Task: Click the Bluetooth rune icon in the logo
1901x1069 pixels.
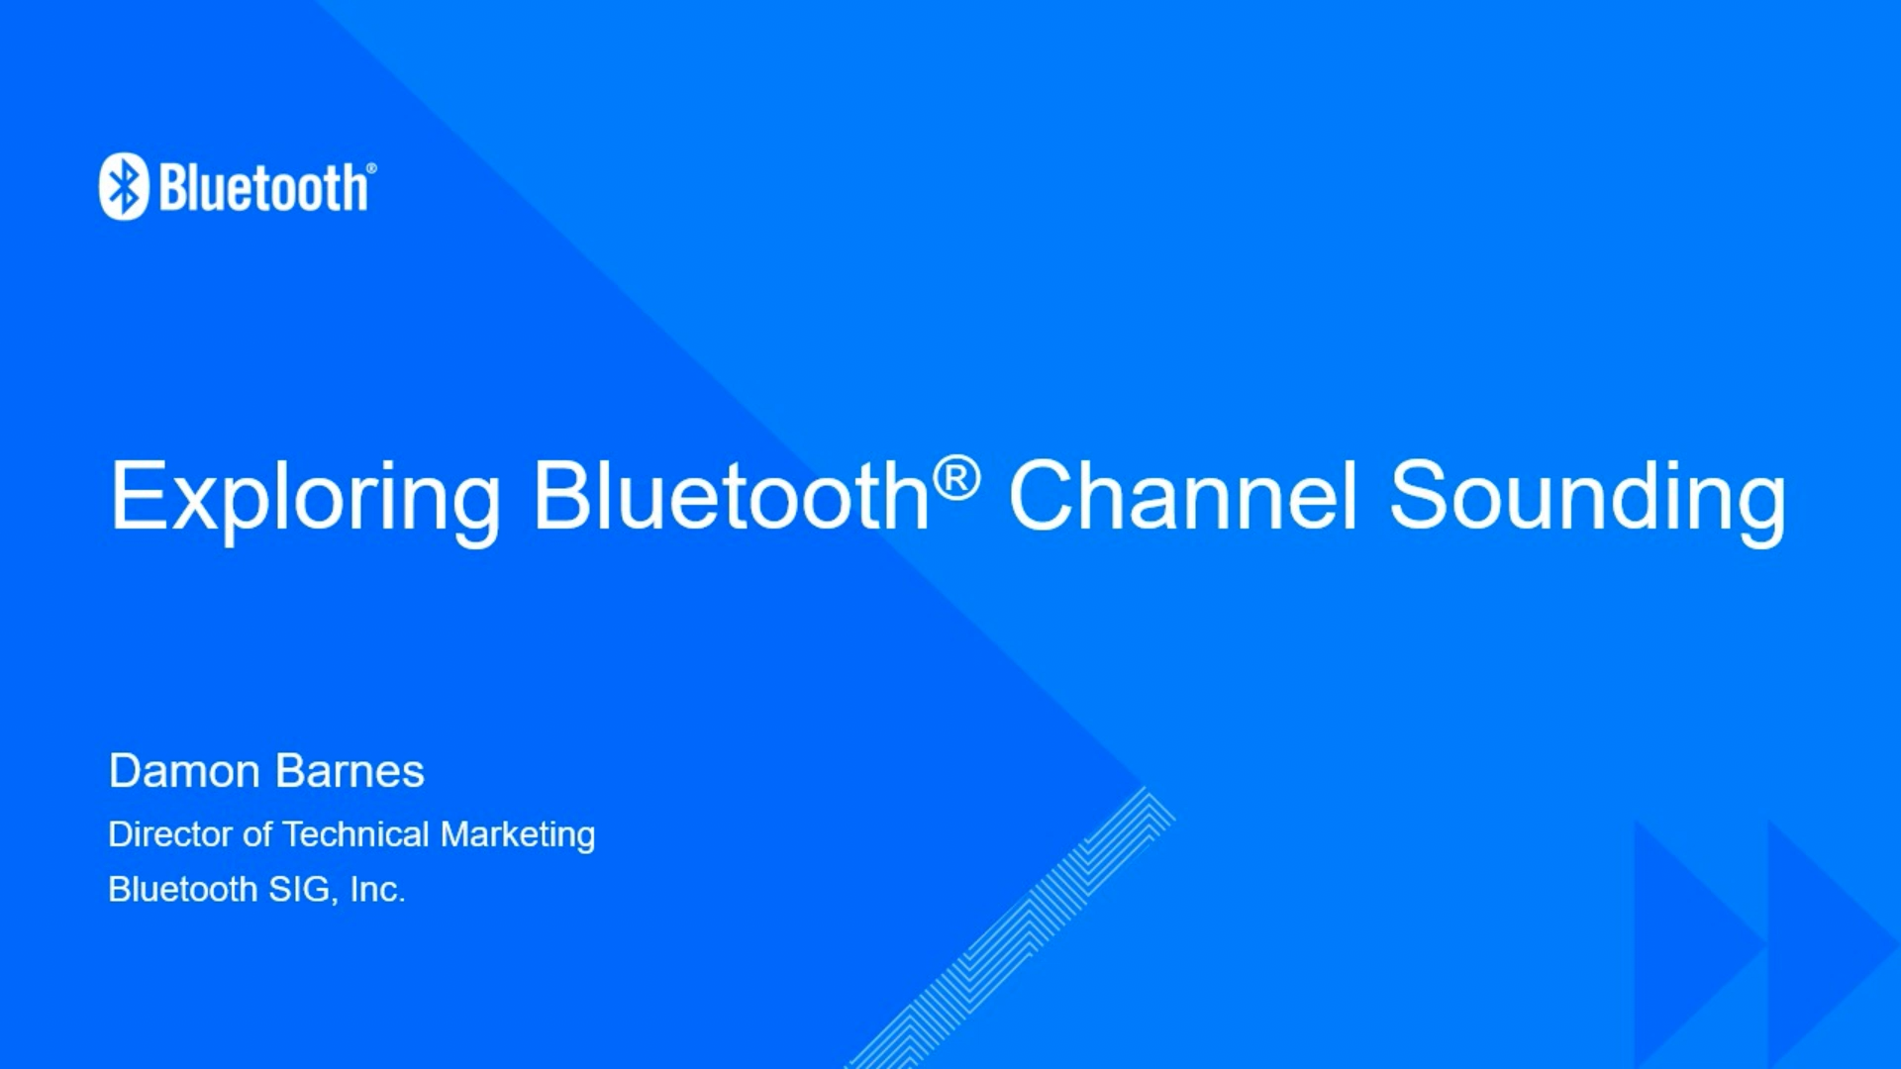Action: (x=124, y=186)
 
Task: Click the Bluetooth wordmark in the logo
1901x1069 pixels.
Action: (x=263, y=188)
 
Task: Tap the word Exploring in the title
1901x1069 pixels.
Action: (x=305, y=497)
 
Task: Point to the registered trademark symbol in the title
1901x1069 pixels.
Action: (x=956, y=477)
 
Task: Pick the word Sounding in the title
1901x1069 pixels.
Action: (x=1587, y=497)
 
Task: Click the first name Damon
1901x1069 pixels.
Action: (x=184, y=771)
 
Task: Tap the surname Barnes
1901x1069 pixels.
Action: (x=350, y=771)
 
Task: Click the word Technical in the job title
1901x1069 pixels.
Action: (x=355, y=834)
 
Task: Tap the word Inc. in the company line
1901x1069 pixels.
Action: (x=377, y=889)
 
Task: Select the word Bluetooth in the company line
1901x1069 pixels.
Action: (x=182, y=889)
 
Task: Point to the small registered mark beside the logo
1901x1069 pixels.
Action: (x=371, y=168)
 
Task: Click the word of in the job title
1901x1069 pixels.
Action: (x=257, y=834)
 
